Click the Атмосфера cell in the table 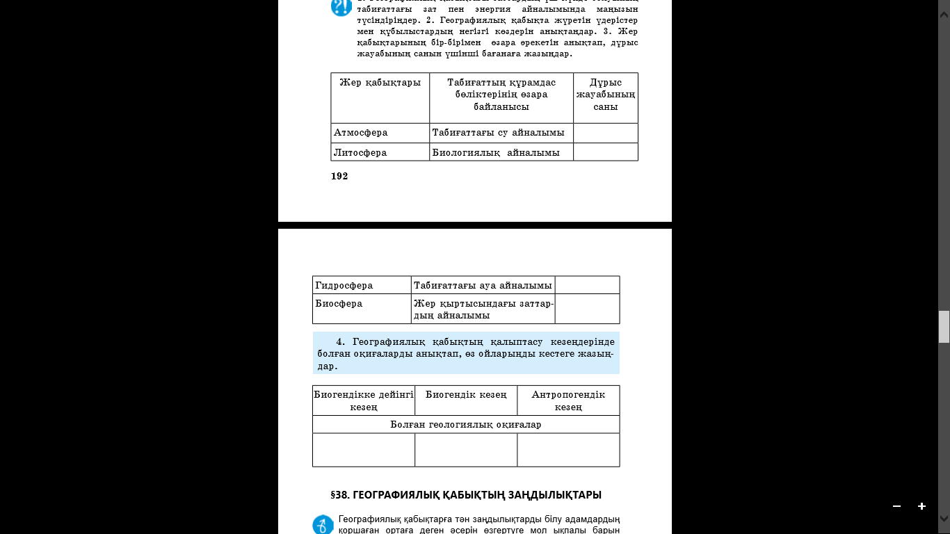click(361, 133)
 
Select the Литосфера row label click(360, 152)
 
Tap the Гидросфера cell click(344, 285)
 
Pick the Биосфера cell click(339, 304)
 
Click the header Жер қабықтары click(380, 83)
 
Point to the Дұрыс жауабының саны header click(605, 95)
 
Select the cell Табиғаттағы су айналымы click(498, 133)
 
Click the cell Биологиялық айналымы click(496, 152)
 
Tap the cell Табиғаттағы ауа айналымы click(483, 285)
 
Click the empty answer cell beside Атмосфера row click(605, 133)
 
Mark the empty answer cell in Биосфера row click(587, 309)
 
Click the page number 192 click(339, 177)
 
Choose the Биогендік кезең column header click(466, 395)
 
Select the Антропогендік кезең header click(568, 400)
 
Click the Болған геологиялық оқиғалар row click(465, 424)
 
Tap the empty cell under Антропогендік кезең click(568, 450)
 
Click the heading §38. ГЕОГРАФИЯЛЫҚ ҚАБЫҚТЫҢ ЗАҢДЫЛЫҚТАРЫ click(466, 495)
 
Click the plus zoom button click(921, 506)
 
